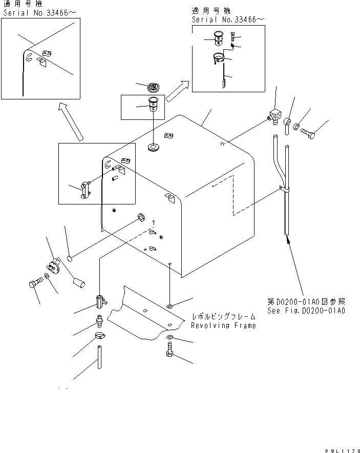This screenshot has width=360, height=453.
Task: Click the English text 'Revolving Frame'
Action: (223, 326)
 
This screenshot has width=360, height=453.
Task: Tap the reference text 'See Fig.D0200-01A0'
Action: (306, 311)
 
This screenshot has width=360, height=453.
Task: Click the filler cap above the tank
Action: (153, 87)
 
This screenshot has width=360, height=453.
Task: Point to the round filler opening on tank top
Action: (153, 148)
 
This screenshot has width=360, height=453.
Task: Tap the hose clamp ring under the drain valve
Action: (100, 337)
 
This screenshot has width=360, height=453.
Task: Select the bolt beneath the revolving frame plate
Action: (170, 353)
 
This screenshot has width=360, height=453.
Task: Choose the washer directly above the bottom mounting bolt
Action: (170, 338)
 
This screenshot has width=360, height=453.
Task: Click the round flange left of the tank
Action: (52, 266)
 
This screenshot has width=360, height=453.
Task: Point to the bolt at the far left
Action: (34, 283)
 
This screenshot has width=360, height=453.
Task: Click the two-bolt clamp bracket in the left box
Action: (84, 188)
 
